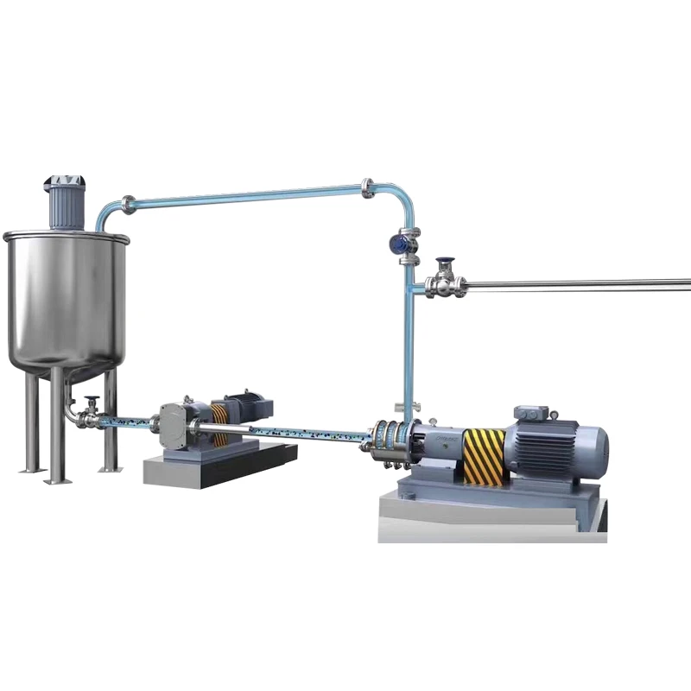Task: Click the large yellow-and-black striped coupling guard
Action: (x=484, y=455)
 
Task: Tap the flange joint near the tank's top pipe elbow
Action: (x=128, y=205)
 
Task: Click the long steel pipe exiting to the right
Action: (x=579, y=284)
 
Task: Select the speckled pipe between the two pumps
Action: (x=311, y=430)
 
